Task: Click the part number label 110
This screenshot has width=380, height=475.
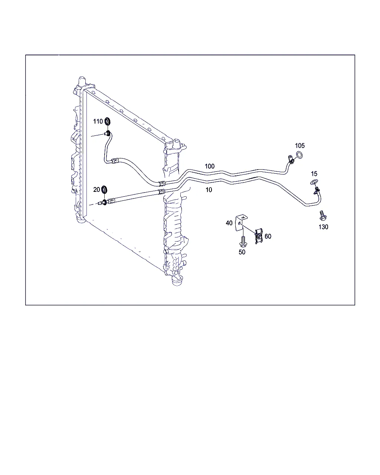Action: [98, 121]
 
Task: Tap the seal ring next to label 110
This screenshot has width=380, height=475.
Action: [108, 121]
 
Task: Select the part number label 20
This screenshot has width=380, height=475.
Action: [96, 190]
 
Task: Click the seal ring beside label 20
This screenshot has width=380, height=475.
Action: [104, 189]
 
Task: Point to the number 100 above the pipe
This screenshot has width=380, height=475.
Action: [210, 166]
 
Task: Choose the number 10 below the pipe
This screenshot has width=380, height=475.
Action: [209, 190]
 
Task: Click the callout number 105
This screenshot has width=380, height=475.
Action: [299, 146]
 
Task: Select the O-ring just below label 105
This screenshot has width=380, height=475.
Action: [299, 155]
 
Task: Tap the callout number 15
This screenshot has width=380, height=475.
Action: [314, 174]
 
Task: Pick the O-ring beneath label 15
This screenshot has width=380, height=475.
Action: [314, 182]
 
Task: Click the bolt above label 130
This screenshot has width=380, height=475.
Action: [323, 216]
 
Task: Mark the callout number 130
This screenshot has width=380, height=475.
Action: [323, 227]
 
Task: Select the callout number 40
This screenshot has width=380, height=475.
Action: [229, 223]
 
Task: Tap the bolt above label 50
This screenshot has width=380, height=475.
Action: [243, 241]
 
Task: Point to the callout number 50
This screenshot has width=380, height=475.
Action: [242, 252]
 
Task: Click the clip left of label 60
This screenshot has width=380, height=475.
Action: [259, 236]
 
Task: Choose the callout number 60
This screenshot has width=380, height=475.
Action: [268, 236]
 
